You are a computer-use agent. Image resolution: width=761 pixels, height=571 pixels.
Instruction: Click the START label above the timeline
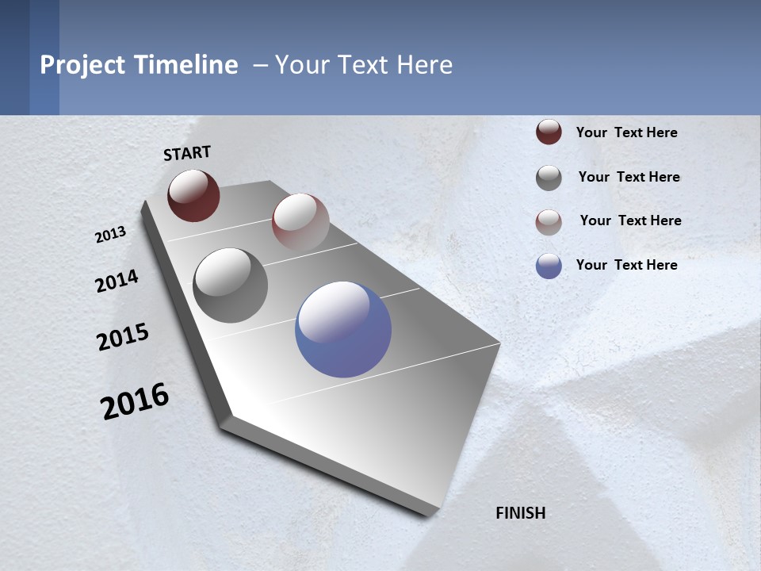coord(187,153)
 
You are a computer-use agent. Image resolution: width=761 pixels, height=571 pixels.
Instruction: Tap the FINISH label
coord(521,513)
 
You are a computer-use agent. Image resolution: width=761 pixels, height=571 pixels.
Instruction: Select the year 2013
coord(111,234)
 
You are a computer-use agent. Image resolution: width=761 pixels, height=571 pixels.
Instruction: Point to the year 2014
coord(117,282)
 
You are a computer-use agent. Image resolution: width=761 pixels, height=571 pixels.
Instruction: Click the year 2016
coord(135,400)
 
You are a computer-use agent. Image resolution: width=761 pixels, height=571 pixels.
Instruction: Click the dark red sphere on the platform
coord(193,195)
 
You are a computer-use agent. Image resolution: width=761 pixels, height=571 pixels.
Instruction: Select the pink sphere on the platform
coord(300,223)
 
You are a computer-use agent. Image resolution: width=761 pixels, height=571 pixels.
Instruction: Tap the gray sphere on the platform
coord(230,285)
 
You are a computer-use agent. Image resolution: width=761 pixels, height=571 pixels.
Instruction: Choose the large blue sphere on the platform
coord(343,329)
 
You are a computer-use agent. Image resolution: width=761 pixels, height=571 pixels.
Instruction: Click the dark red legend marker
coord(549,132)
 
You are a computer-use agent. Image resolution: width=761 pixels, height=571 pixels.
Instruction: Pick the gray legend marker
coord(549,178)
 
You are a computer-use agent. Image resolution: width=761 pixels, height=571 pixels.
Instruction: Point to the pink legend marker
coord(549,221)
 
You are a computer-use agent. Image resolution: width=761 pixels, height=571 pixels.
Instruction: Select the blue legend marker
coord(549,266)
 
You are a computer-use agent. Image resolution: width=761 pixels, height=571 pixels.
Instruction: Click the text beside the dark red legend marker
coord(626,132)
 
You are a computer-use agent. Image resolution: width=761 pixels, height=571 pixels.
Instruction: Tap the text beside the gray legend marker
coord(629,177)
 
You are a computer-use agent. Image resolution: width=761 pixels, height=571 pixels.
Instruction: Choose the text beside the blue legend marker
coord(626,265)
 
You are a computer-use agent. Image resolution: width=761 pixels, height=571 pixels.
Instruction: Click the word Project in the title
coord(82,65)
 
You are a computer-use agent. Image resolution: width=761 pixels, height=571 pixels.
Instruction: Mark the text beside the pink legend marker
coord(630,220)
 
